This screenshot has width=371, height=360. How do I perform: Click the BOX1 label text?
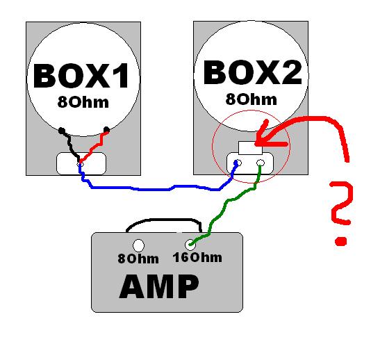coord(81,76)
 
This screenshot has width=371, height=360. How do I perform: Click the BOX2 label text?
coord(253,72)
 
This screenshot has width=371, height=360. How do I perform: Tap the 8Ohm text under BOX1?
coord(83,102)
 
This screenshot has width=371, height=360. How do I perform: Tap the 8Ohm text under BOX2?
coord(251,99)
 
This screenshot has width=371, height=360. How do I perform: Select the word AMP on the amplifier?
coord(159,286)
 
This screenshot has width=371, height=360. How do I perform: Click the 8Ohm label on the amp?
coord(138,259)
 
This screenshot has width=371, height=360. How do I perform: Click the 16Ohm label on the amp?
coord(197,258)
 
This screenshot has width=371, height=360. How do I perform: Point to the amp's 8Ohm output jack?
coord(138,245)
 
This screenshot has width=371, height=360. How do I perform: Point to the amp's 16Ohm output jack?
coord(190,245)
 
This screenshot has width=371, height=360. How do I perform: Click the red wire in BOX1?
coord(94,147)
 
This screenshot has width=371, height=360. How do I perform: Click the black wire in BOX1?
coord(70,145)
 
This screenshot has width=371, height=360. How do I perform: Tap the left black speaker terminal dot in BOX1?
coord(62,131)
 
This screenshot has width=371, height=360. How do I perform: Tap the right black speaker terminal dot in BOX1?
coord(107,130)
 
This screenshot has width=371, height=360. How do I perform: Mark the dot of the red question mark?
coord(341,241)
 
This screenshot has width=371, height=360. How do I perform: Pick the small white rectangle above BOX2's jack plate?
coord(250,148)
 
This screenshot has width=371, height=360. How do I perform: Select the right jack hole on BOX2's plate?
coord(261,163)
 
